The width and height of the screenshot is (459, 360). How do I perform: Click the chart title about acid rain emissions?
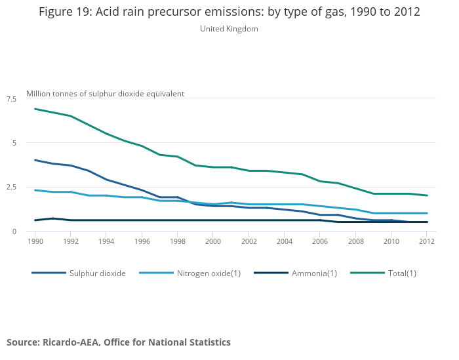click(229, 12)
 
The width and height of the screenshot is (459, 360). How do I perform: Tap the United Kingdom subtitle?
click(229, 29)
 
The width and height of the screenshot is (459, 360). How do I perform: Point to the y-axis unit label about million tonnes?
click(105, 94)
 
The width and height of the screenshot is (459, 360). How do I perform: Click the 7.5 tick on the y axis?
click(11, 99)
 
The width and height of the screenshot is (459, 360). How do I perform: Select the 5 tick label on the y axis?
click(14, 143)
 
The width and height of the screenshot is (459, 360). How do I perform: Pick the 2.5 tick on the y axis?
click(11, 188)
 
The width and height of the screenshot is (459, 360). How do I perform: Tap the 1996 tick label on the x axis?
click(142, 241)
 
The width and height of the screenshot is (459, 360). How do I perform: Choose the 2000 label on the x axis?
click(213, 241)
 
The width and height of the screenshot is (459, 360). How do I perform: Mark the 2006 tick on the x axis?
click(320, 241)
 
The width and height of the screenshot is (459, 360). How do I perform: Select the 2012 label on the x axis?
click(427, 241)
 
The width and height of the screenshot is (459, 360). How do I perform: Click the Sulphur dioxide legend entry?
click(97, 273)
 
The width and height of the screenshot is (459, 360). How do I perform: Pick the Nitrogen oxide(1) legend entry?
click(209, 273)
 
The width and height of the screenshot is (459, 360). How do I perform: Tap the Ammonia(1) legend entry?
click(313, 273)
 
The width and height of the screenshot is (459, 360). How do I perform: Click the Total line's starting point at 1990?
click(35, 109)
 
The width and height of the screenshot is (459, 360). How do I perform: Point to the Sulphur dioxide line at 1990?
click(35, 160)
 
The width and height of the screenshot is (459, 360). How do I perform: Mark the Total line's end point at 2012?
click(427, 195)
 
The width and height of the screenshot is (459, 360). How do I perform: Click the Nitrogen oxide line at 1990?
click(35, 190)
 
